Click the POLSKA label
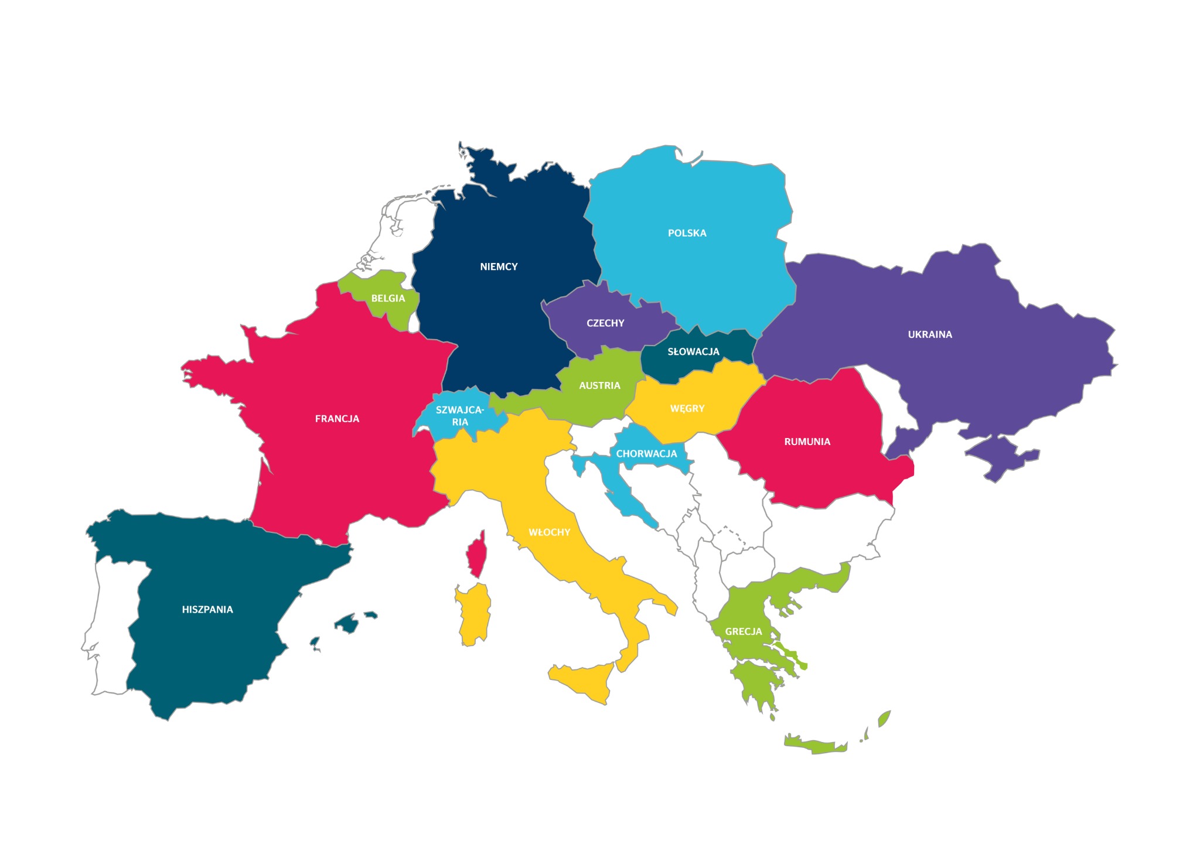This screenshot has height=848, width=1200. [687, 233]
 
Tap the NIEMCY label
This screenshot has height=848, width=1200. [499, 267]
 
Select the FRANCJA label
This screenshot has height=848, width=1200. [337, 419]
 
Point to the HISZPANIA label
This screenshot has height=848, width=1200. [207, 610]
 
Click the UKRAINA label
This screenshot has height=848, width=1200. [930, 335]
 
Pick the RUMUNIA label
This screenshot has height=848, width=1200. [807, 442]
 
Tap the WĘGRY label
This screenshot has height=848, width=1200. [687, 409]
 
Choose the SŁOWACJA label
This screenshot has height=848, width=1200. [693, 352]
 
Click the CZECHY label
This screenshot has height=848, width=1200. [605, 323]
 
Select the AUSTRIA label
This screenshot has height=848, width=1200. [599, 386]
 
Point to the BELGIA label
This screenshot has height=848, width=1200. [388, 299]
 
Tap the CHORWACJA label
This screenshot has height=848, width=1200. [646, 454]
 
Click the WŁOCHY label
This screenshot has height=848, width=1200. [549, 532]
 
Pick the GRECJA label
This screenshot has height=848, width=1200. [744, 632]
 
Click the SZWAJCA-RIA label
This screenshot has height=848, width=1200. [460, 416]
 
